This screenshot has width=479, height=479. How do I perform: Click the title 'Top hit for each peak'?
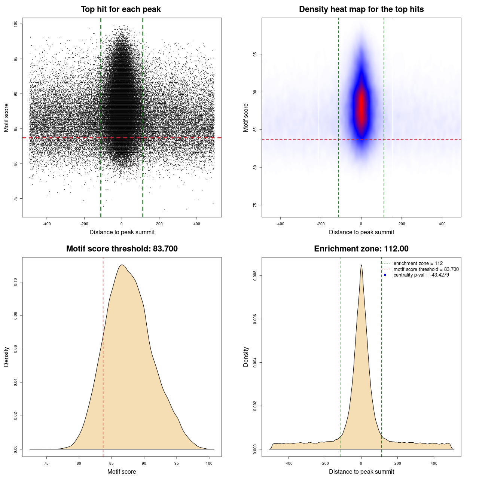(120, 9)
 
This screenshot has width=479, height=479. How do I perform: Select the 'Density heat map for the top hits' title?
(361, 9)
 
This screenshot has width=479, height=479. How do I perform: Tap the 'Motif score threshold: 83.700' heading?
(122, 249)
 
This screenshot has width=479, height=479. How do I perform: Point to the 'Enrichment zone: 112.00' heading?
(361, 249)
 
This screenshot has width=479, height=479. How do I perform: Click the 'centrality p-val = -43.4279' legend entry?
(421, 275)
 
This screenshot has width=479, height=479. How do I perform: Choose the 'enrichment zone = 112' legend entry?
(418, 263)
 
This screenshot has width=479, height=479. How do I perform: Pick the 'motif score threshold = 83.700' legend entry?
(426, 269)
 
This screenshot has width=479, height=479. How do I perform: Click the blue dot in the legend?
(385, 275)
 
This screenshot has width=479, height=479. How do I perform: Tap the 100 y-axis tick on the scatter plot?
(16, 24)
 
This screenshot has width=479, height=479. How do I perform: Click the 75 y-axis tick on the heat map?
(255, 205)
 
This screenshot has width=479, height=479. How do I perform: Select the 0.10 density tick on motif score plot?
(16, 282)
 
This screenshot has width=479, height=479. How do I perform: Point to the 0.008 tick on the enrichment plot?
(255, 276)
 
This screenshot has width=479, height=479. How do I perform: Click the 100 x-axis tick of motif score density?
(209, 463)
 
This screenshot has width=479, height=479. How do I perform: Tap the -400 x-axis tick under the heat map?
(280, 224)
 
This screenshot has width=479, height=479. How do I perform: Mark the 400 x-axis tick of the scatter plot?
(196, 224)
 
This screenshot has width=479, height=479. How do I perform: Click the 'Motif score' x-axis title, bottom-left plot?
(122, 472)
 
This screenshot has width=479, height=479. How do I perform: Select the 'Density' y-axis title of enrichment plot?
(246, 357)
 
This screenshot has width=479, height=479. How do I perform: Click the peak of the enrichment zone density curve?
(361, 265)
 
